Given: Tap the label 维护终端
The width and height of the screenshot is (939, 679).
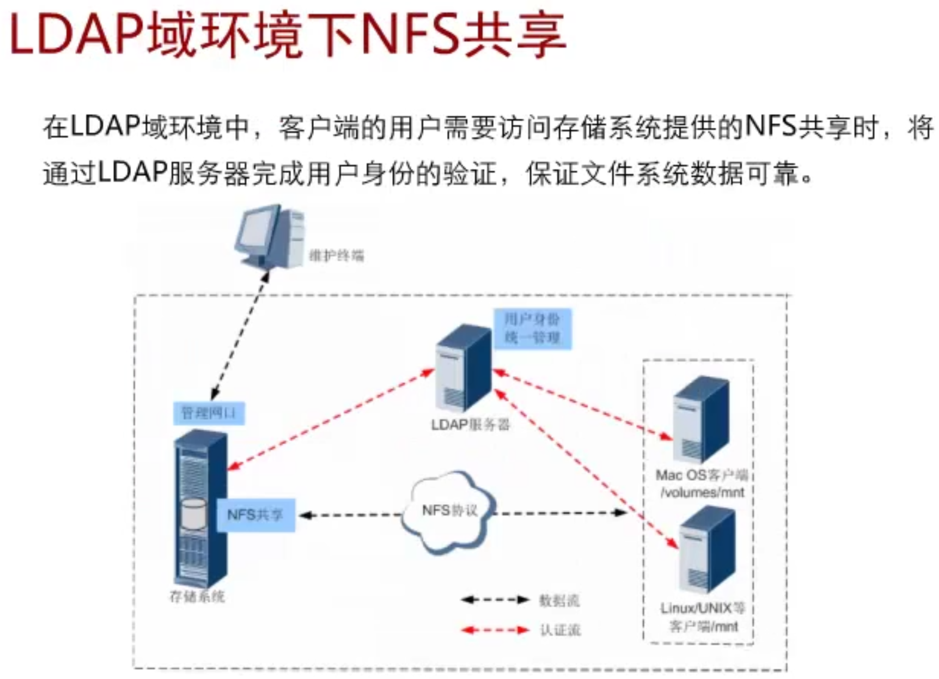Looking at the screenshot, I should pos(336,255).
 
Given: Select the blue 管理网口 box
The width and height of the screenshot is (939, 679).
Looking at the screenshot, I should pos(209,413).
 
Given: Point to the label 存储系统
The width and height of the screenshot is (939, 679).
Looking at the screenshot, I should pos(196,596).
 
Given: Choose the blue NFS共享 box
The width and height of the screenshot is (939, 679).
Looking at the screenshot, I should pos(255,515).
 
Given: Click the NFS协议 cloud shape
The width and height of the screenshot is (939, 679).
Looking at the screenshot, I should pos(449,511).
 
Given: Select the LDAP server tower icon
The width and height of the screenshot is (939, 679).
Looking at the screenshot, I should pos(463,368).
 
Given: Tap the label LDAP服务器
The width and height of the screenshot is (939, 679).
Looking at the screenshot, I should pos(470,424).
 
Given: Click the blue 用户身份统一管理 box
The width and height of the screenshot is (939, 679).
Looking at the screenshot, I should pos(532,328).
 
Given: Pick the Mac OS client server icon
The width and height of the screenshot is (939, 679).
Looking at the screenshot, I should pos(701,421).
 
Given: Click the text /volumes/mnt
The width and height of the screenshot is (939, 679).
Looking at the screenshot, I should pos(702,492).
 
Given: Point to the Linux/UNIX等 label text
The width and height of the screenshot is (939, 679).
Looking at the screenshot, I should pos(702,608).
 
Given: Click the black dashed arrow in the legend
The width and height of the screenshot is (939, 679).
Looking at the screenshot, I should pos(494,600).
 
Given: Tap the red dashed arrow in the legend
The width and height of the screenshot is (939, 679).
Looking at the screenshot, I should pos(494,630).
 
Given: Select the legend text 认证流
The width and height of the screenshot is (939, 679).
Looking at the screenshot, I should pos(560,630).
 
